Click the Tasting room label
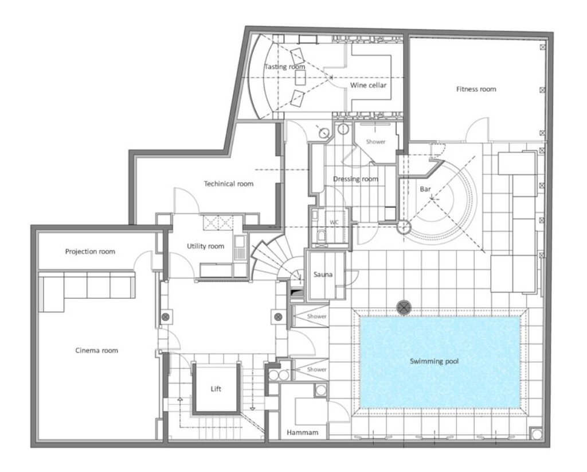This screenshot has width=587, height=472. click(x=284, y=67)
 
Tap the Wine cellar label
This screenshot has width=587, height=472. click(x=368, y=86)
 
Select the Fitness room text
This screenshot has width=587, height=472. click(x=476, y=89)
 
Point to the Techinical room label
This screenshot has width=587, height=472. click(x=228, y=184)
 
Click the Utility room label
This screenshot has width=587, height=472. click(x=205, y=246)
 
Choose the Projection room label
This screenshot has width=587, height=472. click(x=90, y=252)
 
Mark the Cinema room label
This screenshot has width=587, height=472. click(x=96, y=350)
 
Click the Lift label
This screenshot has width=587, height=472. click(x=216, y=389)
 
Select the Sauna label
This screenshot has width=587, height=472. click(x=323, y=274)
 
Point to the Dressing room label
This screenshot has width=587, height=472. click(x=355, y=179)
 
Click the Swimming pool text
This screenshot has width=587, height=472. click(x=434, y=361)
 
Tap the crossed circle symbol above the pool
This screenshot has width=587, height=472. click(x=405, y=307)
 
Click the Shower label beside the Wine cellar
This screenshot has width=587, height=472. click(x=376, y=142)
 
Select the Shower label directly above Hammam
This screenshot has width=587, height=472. click(x=316, y=369)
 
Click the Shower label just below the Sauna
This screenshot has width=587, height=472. click(x=316, y=316)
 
